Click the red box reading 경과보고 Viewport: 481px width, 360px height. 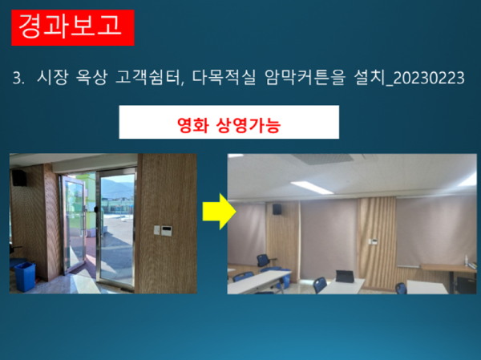[x=71, y=26]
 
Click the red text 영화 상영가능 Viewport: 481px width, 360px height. [x=228, y=126]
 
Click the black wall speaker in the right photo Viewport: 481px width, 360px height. [x=277, y=208]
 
